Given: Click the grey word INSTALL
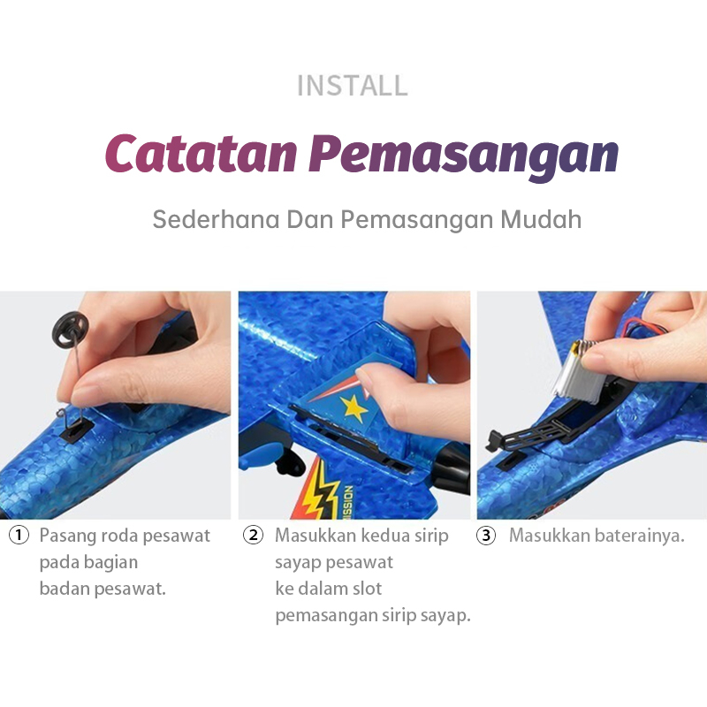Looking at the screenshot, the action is [x=353, y=85].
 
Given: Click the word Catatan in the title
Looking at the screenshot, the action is [x=201, y=154].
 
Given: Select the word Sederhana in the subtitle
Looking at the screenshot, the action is [x=216, y=219].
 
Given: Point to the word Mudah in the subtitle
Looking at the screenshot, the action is [x=541, y=219].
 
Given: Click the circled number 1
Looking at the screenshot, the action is [x=19, y=536].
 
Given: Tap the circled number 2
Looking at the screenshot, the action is [x=253, y=536].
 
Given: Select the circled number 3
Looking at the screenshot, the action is [x=486, y=536].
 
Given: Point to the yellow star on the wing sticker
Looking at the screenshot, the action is [x=353, y=408].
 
